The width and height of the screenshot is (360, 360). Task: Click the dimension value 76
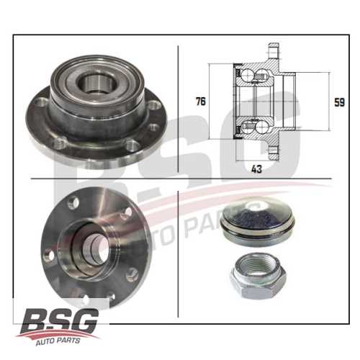click(x=200, y=102)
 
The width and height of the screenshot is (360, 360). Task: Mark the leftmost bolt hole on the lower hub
click(x=49, y=254)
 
